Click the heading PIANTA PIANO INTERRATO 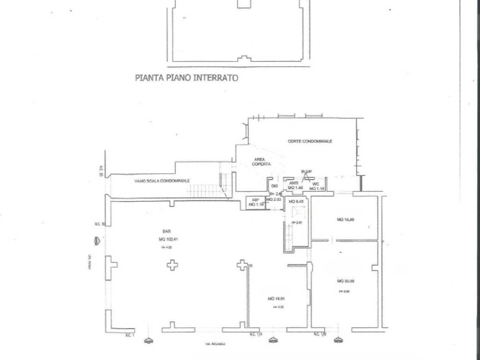(186, 78)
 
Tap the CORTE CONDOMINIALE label (310, 141)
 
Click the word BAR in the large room (166, 232)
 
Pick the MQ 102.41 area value (170, 239)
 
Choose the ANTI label (294, 183)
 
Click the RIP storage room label (256, 200)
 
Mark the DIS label (275, 186)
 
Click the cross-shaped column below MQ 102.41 (172, 265)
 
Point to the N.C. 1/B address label (321, 334)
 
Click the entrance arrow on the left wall (97, 241)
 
